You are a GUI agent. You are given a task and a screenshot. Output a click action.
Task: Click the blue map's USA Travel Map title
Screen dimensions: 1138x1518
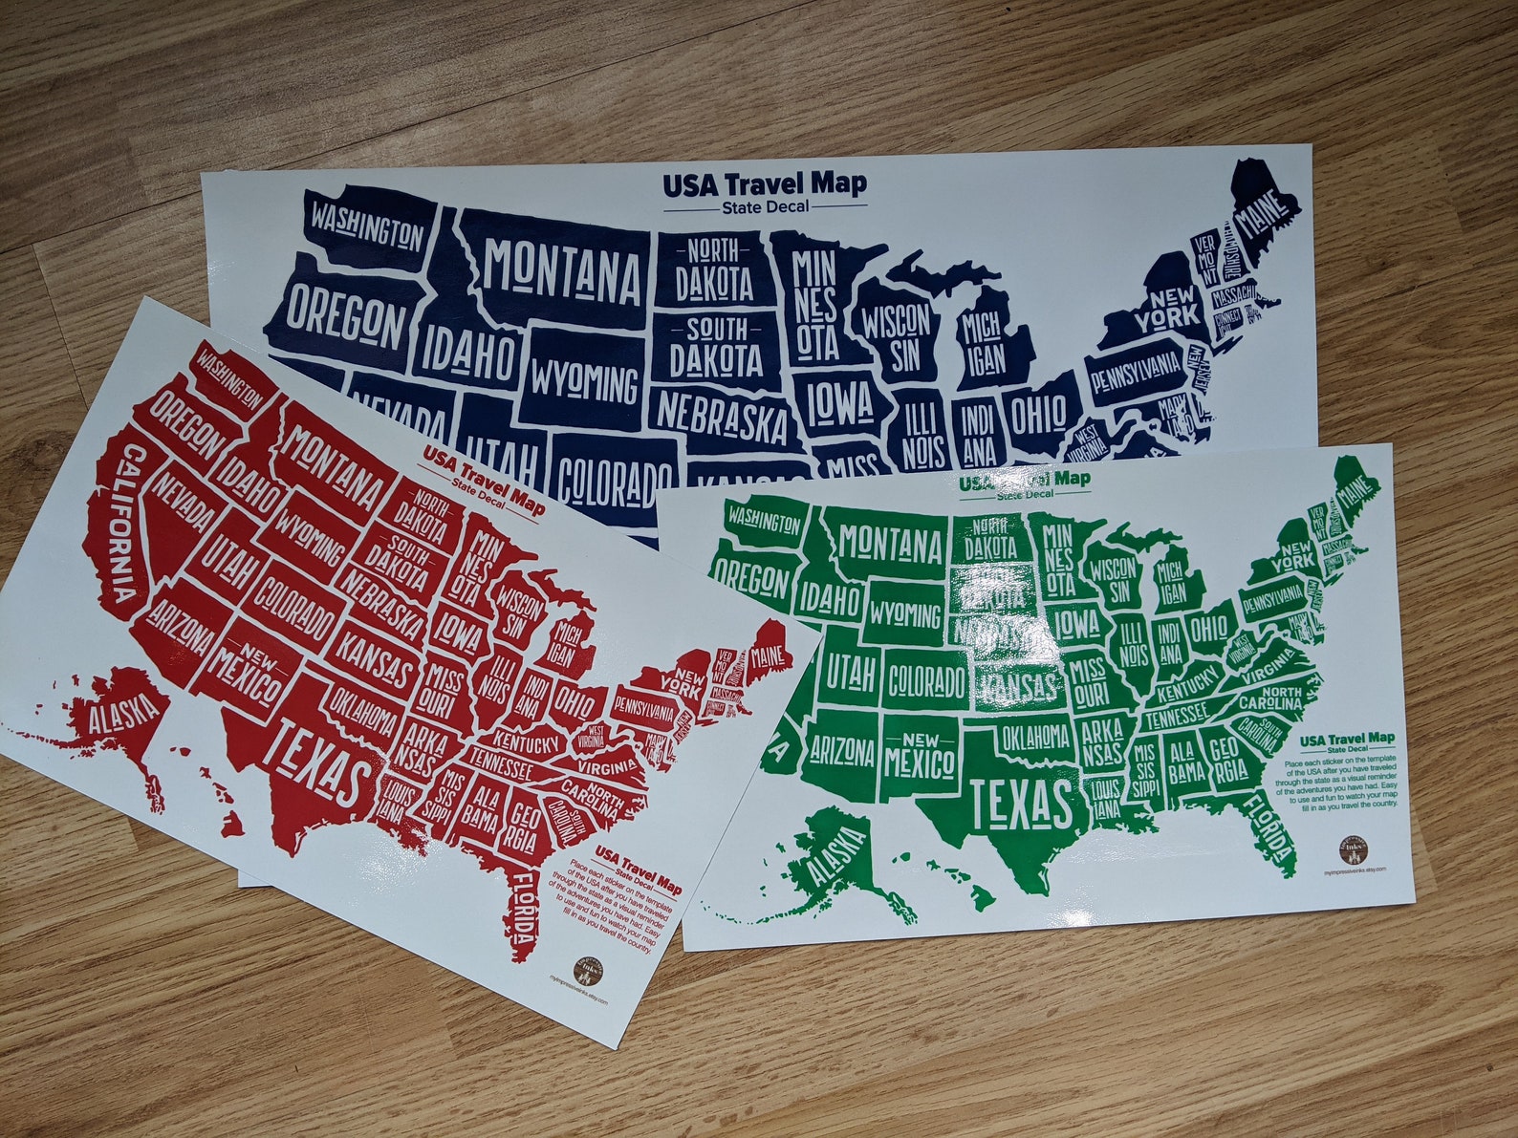[765, 183]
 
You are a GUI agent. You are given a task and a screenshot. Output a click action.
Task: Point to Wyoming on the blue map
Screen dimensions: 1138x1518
[585, 382]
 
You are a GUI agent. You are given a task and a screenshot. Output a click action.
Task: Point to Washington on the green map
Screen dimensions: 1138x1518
[762, 522]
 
